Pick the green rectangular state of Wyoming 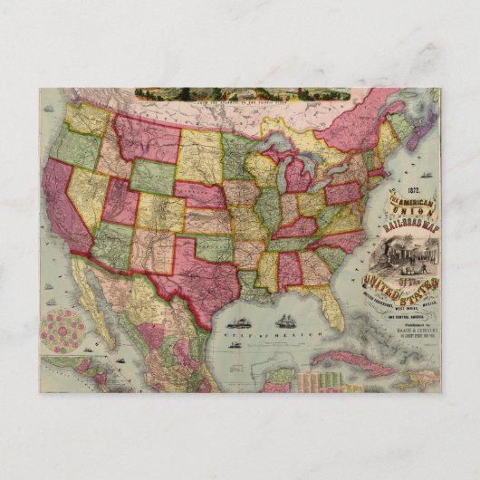pyautogui.click(x=155, y=177)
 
